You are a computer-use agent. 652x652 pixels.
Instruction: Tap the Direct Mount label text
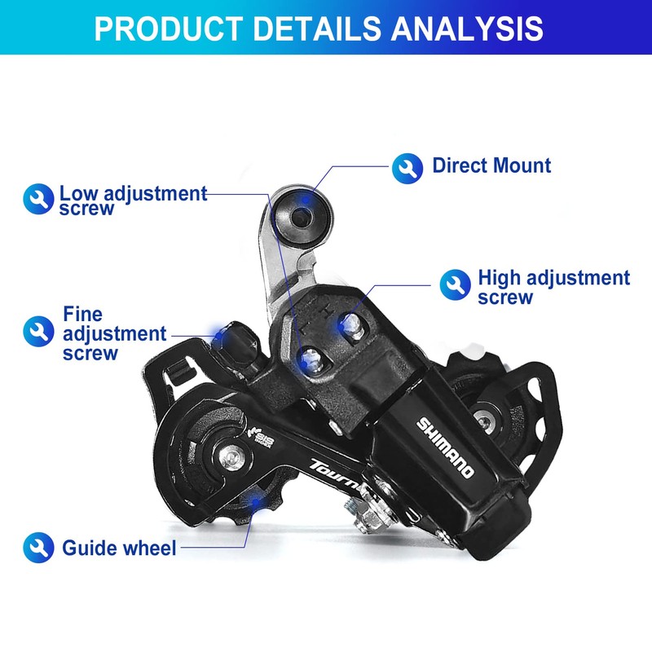(x=491, y=166)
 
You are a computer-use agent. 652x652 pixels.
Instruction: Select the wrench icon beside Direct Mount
(x=407, y=168)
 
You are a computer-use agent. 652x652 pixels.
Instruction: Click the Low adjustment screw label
(x=133, y=200)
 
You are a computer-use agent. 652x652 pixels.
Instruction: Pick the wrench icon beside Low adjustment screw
(x=38, y=199)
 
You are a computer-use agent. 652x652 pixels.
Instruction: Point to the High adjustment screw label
(x=553, y=287)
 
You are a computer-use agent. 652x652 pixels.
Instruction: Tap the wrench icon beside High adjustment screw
(x=455, y=284)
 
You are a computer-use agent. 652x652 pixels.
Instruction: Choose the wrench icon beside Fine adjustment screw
(x=38, y=330)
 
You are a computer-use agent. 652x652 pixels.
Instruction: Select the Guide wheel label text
(x=119, y=548)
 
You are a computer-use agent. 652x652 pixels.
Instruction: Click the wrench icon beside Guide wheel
(x=38, y=547)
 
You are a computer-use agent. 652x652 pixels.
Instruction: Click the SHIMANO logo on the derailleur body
(x=445, y=447)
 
